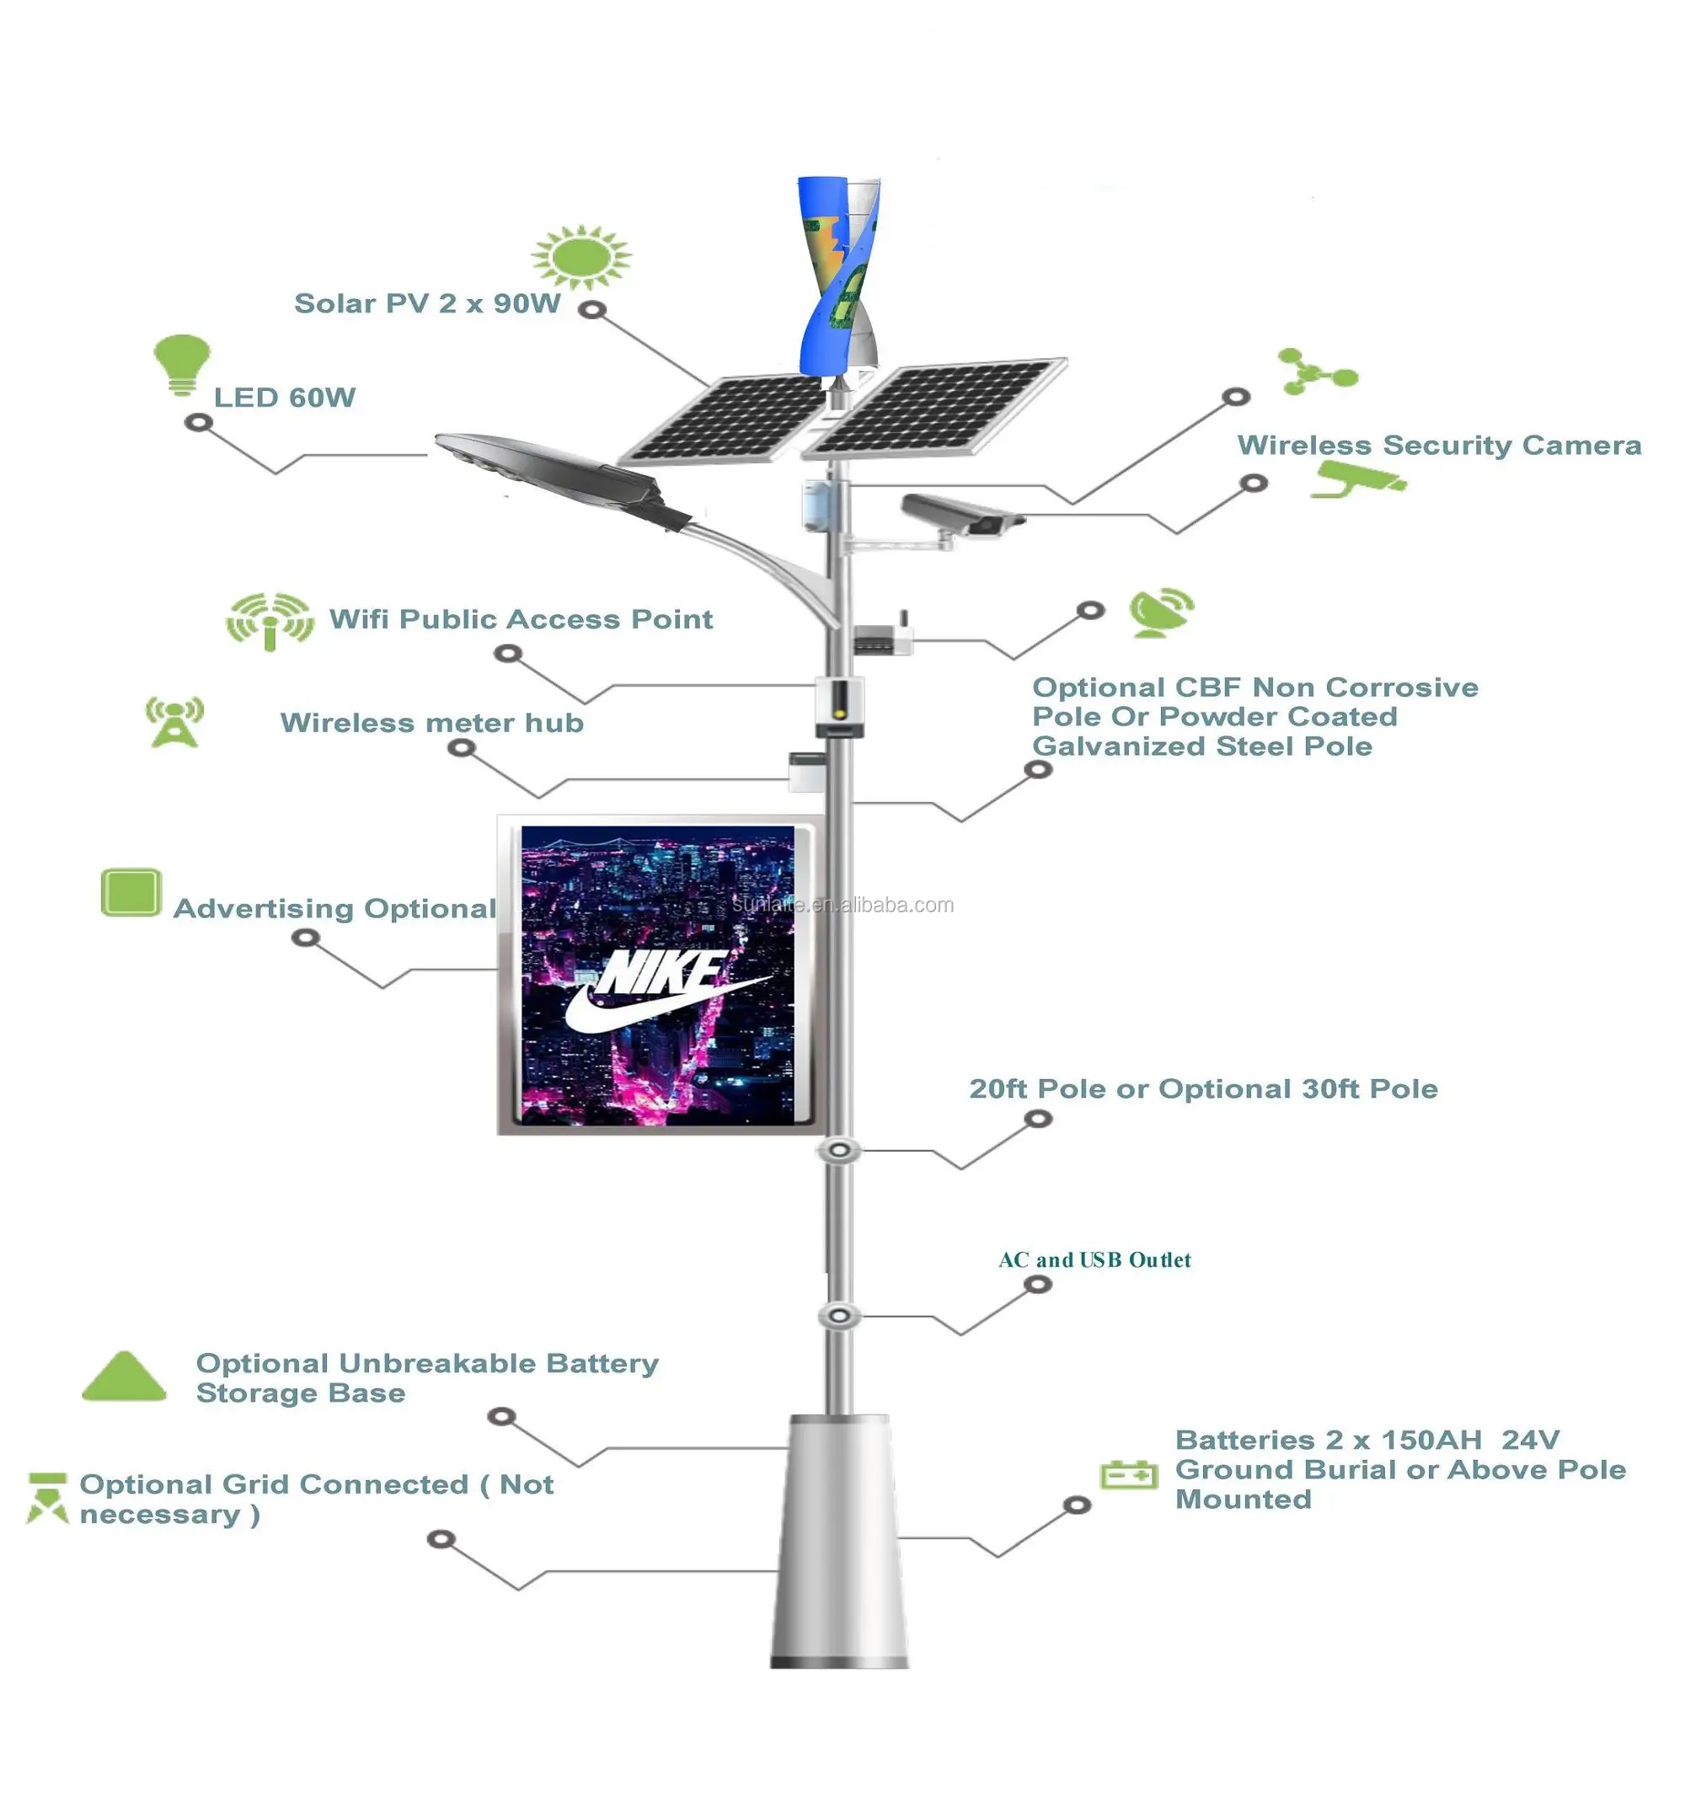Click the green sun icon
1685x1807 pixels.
(580, 255)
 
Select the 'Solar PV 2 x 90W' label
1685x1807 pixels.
(426, 303)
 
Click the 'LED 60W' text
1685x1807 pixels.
(284, 398)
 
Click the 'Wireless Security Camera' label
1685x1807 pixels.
(1438, 446)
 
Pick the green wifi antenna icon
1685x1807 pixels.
(269, 619)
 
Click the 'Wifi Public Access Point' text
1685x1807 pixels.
(520, 619)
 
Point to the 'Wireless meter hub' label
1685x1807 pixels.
(431, 723)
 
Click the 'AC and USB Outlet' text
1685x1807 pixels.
(1094, 1259)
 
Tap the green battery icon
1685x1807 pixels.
(1128, 1473)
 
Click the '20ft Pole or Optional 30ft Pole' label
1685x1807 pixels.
(1202, 1089)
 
